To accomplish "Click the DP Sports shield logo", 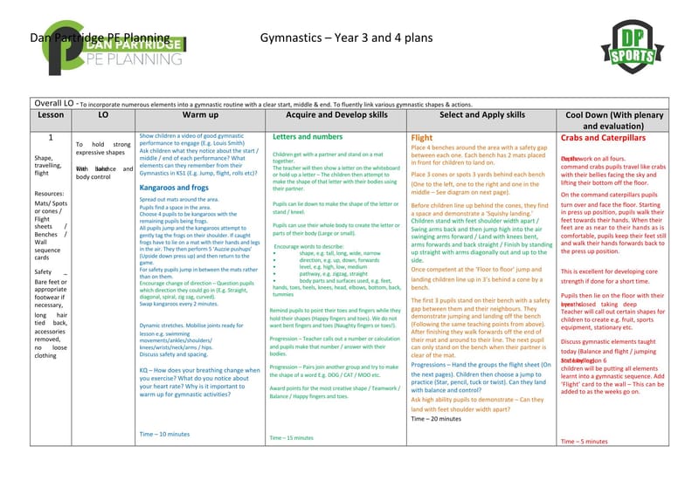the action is [x=628, y=49].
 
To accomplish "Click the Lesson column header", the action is [x=51, y=114].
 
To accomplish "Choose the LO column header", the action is [x=103, y=114].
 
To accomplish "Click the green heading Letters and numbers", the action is [x=308, y=137].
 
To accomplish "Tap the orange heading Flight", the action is [x=422, y=137].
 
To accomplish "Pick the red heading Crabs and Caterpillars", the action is [x=603, y=138].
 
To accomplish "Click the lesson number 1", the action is [x=51, y=137].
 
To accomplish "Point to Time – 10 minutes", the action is [x=164, y=434].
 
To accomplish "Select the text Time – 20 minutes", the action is [x=436, y=419].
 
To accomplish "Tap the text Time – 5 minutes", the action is [x=584, y=442].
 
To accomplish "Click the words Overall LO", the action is [x=53, y=102].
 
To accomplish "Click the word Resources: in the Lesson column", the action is [x=50, y=194].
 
